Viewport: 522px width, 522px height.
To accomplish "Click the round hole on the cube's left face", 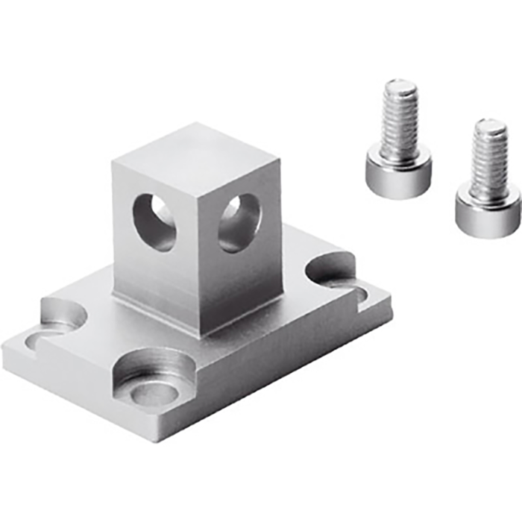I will click(154, 222).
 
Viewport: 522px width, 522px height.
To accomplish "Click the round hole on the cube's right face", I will click(239, 222).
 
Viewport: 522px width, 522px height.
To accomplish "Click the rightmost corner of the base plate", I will click(391, 297).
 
